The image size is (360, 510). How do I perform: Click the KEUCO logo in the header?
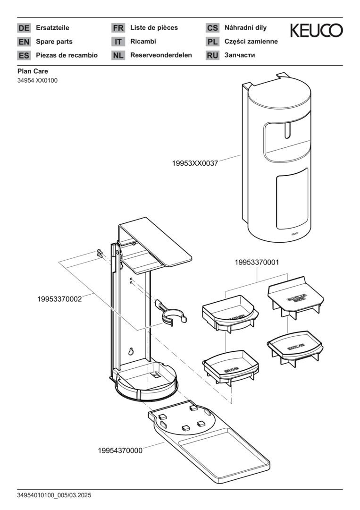point(316,30)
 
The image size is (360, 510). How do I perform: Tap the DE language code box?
point(24,28)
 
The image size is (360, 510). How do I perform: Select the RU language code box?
point(212,55)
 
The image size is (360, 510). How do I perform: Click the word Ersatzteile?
point(52,28)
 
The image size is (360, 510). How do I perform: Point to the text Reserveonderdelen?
point(161,55)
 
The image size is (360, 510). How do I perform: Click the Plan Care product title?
point(33,71)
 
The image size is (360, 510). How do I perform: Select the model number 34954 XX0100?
point(37,80)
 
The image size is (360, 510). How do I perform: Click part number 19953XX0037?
point(195,163)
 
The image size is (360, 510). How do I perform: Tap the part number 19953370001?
point(258,262)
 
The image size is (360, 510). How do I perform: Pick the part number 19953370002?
point(59,298)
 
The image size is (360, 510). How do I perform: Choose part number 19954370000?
point(120,450)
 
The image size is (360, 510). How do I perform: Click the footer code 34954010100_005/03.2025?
point(54,495)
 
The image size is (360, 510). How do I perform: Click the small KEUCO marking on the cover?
point(294,233)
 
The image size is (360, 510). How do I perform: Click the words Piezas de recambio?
point(67,55)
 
